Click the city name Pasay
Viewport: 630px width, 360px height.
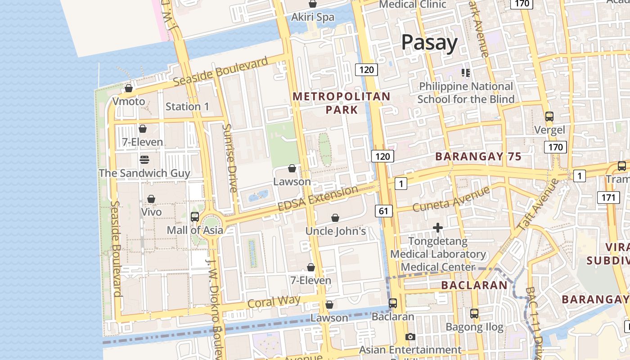[429, 43]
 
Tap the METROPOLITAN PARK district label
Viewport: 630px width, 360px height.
[342, 103]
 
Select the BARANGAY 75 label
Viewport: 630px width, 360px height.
[478, 157]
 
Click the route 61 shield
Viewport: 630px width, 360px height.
[383, 211]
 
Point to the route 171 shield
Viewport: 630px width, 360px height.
[607, 197]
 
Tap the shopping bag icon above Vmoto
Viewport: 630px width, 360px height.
[129, 88]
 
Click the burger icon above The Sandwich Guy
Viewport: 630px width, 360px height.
[144, 159]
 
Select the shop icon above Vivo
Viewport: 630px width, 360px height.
[151, 199]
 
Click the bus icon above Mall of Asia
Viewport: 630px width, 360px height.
[195, 216]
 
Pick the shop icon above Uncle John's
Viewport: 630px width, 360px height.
[335, 218]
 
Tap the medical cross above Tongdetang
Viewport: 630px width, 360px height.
[438, 228]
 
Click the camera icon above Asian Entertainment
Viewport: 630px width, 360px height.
[410, 337]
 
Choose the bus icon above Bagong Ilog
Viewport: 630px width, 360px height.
[474, 313]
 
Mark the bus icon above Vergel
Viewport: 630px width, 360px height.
[549, 117]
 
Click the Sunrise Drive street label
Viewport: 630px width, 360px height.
[230, 158]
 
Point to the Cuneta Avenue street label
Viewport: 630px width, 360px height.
[451, 199]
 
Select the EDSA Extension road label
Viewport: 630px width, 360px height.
[318, 198]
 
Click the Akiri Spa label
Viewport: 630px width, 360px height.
[313, 17]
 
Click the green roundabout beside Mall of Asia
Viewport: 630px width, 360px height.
[211, 224]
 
